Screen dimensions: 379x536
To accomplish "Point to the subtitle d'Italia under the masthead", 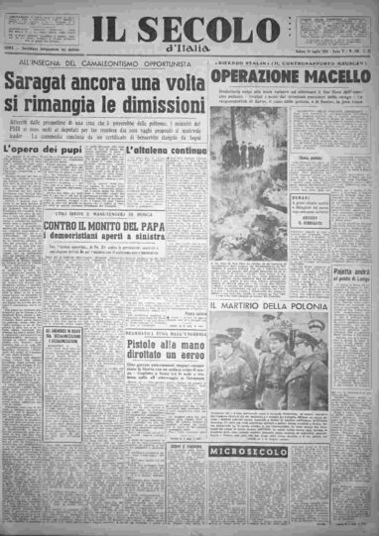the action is pyautogui.click(x=188, y=53).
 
